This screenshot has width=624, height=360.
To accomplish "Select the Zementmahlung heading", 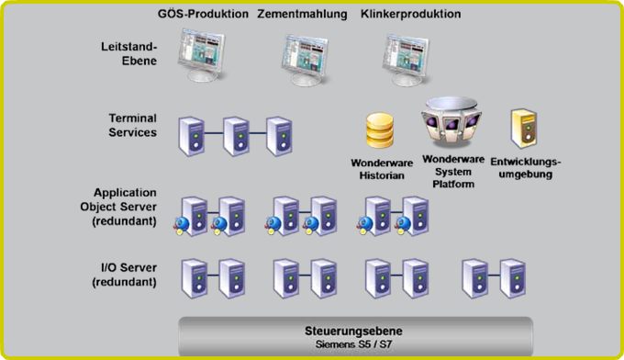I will (302, 15).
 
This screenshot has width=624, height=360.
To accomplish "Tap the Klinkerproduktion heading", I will (410, 15).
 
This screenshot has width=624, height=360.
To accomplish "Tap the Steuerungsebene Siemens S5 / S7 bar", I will (355, 335).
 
